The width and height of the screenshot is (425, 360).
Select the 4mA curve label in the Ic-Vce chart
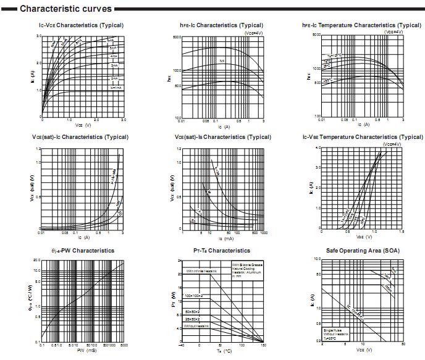pyautogui.click(x=114, y=56)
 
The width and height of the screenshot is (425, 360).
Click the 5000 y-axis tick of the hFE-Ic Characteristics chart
pyautogui.click(x=177, y=37)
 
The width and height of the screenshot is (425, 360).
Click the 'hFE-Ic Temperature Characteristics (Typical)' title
pyautogui.click(x=362, y=25)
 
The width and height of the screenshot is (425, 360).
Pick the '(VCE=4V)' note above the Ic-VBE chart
pyautogui.click(x=392, y=143)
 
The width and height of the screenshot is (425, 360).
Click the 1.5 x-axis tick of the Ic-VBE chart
pyautogui.click(x=402, y=232)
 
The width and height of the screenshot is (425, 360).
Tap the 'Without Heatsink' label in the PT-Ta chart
pyautogui.click(x=198, y=325)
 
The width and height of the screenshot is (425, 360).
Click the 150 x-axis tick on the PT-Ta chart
pyautogui.click(x=264, y=346)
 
